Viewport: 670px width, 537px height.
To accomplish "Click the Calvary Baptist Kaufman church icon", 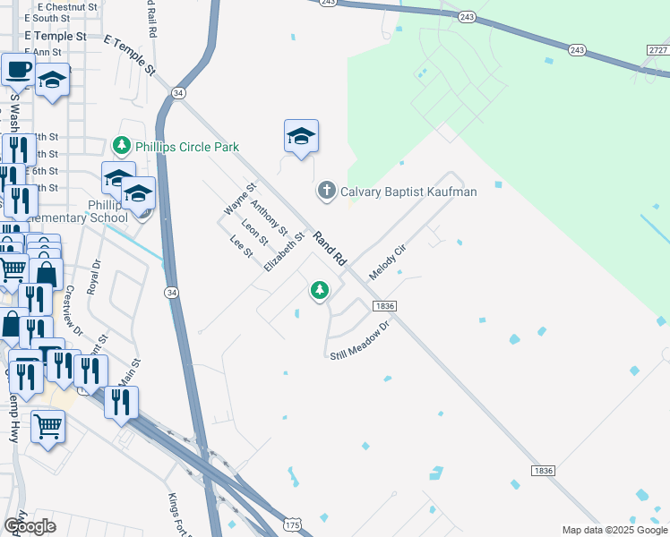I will point(327,191).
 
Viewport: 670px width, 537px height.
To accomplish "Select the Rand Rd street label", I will point(330,247).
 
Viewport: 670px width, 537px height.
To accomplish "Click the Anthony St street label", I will point(265,217).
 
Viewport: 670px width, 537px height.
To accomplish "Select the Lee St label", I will point(242,247).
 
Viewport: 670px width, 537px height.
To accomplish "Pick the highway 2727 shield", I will point(658,50).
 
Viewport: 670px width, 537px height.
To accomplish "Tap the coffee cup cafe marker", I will point(18,68).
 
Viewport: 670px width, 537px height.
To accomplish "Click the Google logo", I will point(30,525).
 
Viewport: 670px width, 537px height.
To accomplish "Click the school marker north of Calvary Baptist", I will point(301,136).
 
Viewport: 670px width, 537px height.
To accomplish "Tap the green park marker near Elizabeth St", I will point(319,290).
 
